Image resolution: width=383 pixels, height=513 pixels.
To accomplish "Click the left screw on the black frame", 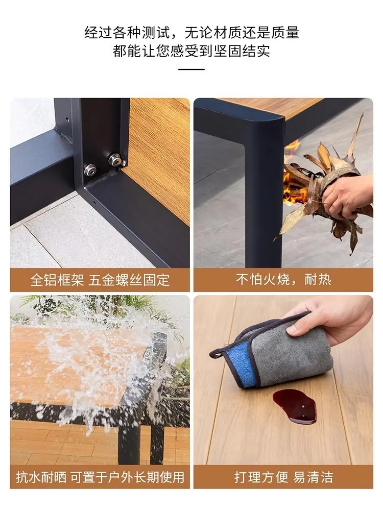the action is (x=90, y=169).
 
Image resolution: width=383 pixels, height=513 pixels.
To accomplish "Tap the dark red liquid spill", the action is (x=295, y=406).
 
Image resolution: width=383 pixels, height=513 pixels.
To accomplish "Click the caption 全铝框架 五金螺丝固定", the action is (x=100, y=280).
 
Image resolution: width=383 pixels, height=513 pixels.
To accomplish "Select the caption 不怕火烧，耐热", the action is (x=283, y=280).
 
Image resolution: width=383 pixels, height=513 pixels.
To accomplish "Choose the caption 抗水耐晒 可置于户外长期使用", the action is (x=100, y=477).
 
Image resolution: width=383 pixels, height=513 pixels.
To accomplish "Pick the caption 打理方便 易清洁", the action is (x=283, y=477).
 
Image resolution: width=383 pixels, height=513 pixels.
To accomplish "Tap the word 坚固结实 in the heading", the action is (x=242, y=51).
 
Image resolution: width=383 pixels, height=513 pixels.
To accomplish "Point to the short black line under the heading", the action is (x=192, y=69).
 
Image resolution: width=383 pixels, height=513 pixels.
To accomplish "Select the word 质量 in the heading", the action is (x=285, y=33).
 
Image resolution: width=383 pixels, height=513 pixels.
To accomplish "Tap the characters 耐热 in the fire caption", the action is (x=318, y=280).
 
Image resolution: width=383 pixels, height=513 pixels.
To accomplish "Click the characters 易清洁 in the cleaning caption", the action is (x=313, y=477).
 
